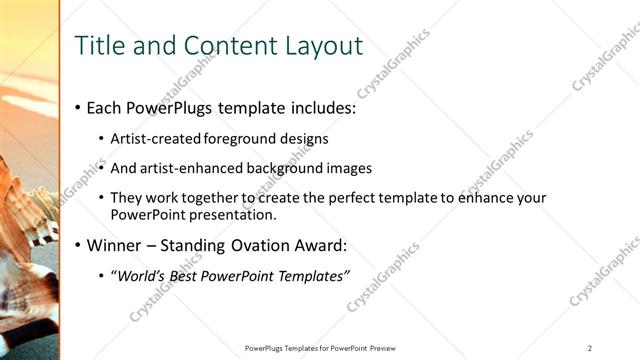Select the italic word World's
pyautogui.click(x=135, y=276)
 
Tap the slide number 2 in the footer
pyautogui.click(x=590, y=348)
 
